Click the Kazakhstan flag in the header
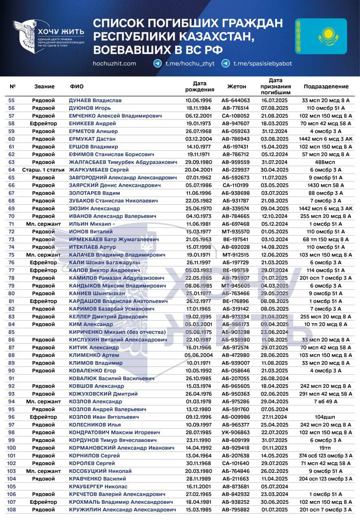(x=321, y=36)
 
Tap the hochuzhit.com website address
(x=114, y=63)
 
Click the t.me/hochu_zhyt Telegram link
(x=184, y=63)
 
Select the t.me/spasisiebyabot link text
(x=262, y=63)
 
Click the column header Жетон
(x=236, y=87)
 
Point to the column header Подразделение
(x=326, y=87)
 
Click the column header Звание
(x=44, y=87)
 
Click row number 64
(x=11, y=170)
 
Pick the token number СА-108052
(x=235, y=116)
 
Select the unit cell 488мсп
(x=326, y=162)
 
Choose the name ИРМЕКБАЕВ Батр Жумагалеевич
(x=114, y=239)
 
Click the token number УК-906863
(x=235, y=432)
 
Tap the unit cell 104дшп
(x=326, y=417)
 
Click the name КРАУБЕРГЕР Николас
(x=98, y=486)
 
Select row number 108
(x=11, y=509)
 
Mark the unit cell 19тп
(x=326, y=448)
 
